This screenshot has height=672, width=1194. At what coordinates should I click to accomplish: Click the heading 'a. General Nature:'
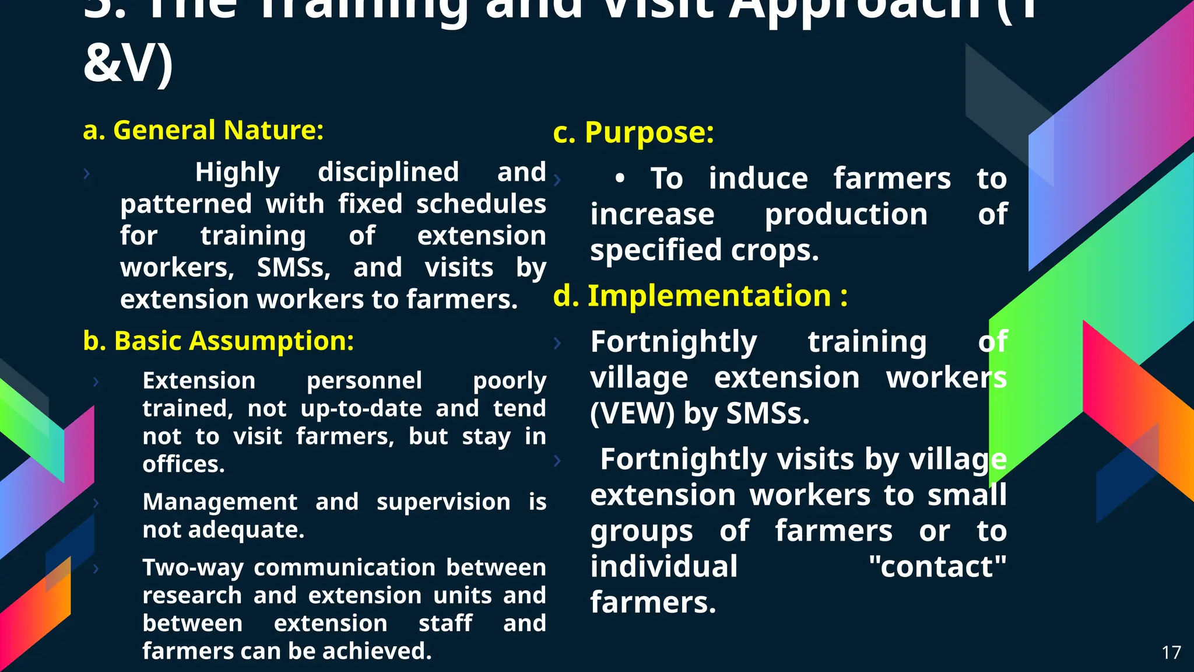[x=203, y=130]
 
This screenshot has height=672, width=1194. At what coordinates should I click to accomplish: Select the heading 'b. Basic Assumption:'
[x=218, y=341]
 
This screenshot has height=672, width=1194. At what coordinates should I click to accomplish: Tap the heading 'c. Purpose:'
[x=633, y=132]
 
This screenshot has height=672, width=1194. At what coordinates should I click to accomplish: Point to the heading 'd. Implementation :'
[x=700, y=296]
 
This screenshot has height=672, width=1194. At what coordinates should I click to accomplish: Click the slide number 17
[x=1171, y=652]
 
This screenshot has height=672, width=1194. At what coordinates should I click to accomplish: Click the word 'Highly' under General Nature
[x=237, y=172]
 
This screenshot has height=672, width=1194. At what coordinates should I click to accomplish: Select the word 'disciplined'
[x=388, y=172]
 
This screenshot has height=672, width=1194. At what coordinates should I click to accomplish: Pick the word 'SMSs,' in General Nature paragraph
[x=293, y=268]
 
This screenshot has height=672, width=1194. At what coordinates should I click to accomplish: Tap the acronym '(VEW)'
[x=632, y=414]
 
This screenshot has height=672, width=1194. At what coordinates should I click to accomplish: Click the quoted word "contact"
[x=937, y=566]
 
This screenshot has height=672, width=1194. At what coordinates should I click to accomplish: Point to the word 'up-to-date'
[x=361, y=408]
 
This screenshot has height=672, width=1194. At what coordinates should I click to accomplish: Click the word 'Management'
[x=220, y=502]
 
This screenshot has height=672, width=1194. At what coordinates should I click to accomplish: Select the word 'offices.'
[x=184, y=464]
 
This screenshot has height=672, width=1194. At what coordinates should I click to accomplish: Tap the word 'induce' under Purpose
[x=758, y=178]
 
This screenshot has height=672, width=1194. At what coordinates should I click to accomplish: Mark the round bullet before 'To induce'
[x=620, y=178]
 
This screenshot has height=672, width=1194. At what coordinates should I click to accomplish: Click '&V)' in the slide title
[x=128, y=63]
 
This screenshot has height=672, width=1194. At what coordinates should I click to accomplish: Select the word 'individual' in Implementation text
[x=663, y=566]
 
